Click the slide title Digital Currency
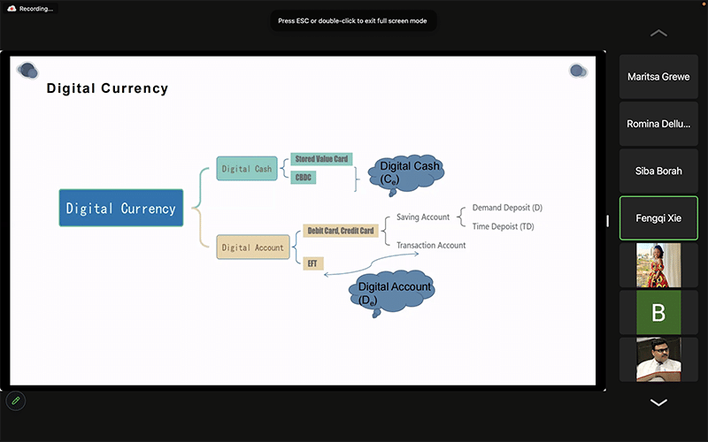pyautogui.click(x=107, y=88)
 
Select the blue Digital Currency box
pyautogui.click(x=121, y=209)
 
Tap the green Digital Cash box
pyautogui.click(x=247, y=169)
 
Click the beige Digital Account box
pyautogui.click(x=252, y=248)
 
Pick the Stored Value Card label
pyautogui.click(x=320, y=159)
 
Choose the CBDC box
pyautogui.click(x=303, y=178)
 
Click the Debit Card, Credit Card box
pyautogui.click(x=340, y=231)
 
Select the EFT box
pyautogui.click(x=312, y=263)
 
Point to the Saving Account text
pyautogui.click(x=423, y=217)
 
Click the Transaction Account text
pyautogui.click(x=431, y=245)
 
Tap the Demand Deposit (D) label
pyautogui.click(x=507, y=208)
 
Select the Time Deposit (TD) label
pyautogui.click(x=503, y=226)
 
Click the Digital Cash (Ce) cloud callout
pyautogui.click(x=408, y=171)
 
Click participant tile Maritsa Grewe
pyautogui.click(x=658, y=77)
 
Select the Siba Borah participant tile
pyautogui.click(x=658, y=171)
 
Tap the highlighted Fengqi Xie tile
pyautogui.click(x=658, y=217)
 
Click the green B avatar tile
pyautogui.click(x=658, y=312)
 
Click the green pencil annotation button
pyautogui.click(x=15, y=401)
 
